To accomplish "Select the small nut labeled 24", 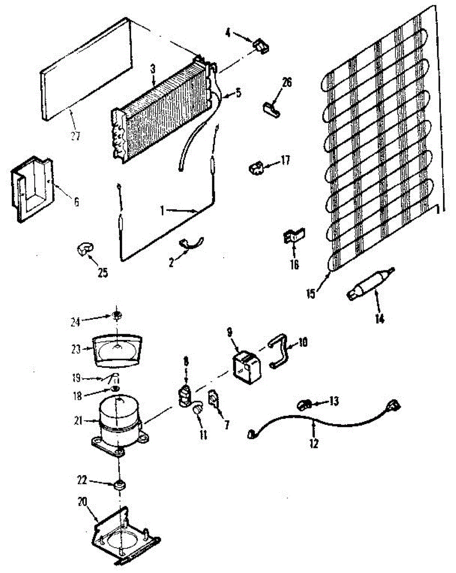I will click(x=116, y=315).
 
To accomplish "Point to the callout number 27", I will click(x=75, y=136).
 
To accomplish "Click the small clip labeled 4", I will click(x=260, y=46).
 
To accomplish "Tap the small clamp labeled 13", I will click(x=304, y=405).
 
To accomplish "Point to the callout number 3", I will click(x=153, y=69).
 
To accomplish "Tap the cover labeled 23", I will click(x=116, y=350).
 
